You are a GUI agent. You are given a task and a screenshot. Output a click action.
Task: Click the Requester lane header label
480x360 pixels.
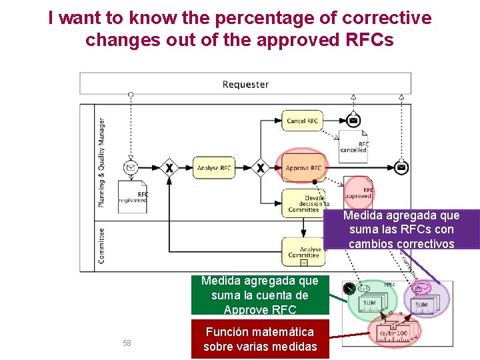pos(245,84)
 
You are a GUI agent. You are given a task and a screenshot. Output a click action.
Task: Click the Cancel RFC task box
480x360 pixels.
pos(303,121)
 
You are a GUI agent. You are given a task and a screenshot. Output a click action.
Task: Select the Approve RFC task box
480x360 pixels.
pos(303,168)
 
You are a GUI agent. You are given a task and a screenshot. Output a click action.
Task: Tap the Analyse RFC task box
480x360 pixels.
pos(214,168)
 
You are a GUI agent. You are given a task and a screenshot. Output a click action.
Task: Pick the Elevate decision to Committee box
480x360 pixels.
pos(303,203)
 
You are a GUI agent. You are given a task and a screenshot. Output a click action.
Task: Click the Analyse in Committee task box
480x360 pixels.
pos(303,251)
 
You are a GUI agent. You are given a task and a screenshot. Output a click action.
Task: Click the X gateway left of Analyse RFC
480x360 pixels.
pos(169,168)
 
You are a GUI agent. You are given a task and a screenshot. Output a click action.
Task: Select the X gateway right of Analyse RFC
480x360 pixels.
pos(261,168)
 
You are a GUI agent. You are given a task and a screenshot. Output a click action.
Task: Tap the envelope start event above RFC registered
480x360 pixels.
pos(131,167)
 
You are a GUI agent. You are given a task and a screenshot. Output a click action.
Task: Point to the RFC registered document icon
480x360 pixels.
pos(133,197)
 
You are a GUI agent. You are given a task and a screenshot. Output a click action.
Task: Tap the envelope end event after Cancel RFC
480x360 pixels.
pos(353,121)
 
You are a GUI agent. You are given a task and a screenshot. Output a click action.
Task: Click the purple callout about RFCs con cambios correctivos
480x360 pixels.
pos(401,229)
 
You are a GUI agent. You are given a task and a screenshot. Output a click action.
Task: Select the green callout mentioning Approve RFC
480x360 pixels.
pos(260,295)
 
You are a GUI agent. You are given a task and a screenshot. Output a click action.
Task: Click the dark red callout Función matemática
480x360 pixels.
pos(260,339)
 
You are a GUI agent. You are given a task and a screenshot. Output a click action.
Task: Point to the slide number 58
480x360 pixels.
pos(127,343)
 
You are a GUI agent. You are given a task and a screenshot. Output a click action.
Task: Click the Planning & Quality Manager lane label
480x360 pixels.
pos(101,163)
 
